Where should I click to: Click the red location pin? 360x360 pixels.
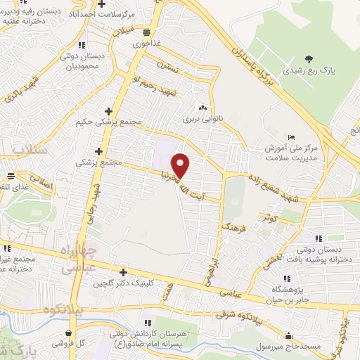(182, 166)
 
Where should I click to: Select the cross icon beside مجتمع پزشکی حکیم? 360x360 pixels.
(108, 111)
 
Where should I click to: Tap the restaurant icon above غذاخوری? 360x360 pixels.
(146, 32)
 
